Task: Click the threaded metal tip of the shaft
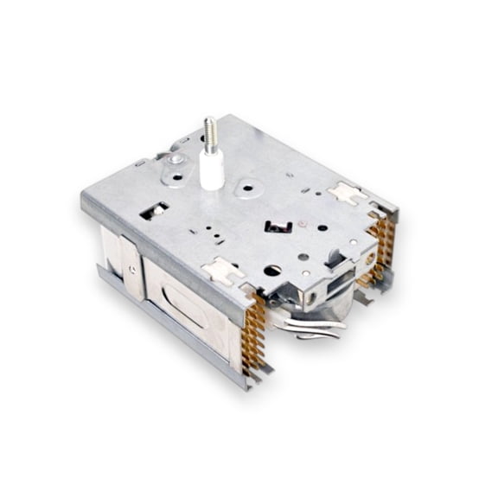click(209, 132)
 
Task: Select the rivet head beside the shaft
click(176, 160)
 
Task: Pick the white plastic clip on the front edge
click(222, 271)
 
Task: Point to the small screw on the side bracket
click(131, 269)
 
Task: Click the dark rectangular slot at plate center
click(278, 227)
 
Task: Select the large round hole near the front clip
click(271, 270)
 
